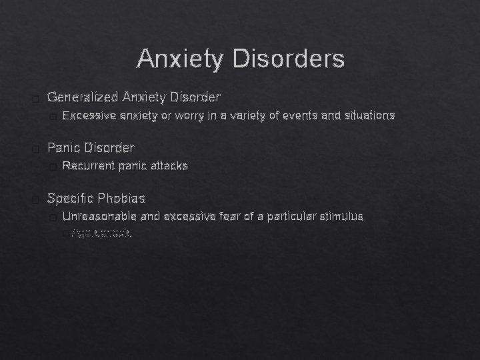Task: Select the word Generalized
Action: coord(83,98)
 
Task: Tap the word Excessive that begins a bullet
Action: coord(89,116)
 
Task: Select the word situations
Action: coord(370,116)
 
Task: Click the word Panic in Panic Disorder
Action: coord(65,147)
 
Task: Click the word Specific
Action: coord(71,199)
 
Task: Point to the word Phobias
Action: coord(121,199)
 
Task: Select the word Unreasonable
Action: coord(99,217)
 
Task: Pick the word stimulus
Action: coord(341,217)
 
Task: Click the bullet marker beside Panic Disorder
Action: coord(35,148)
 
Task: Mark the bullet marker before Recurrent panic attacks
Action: coord(53,166)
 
